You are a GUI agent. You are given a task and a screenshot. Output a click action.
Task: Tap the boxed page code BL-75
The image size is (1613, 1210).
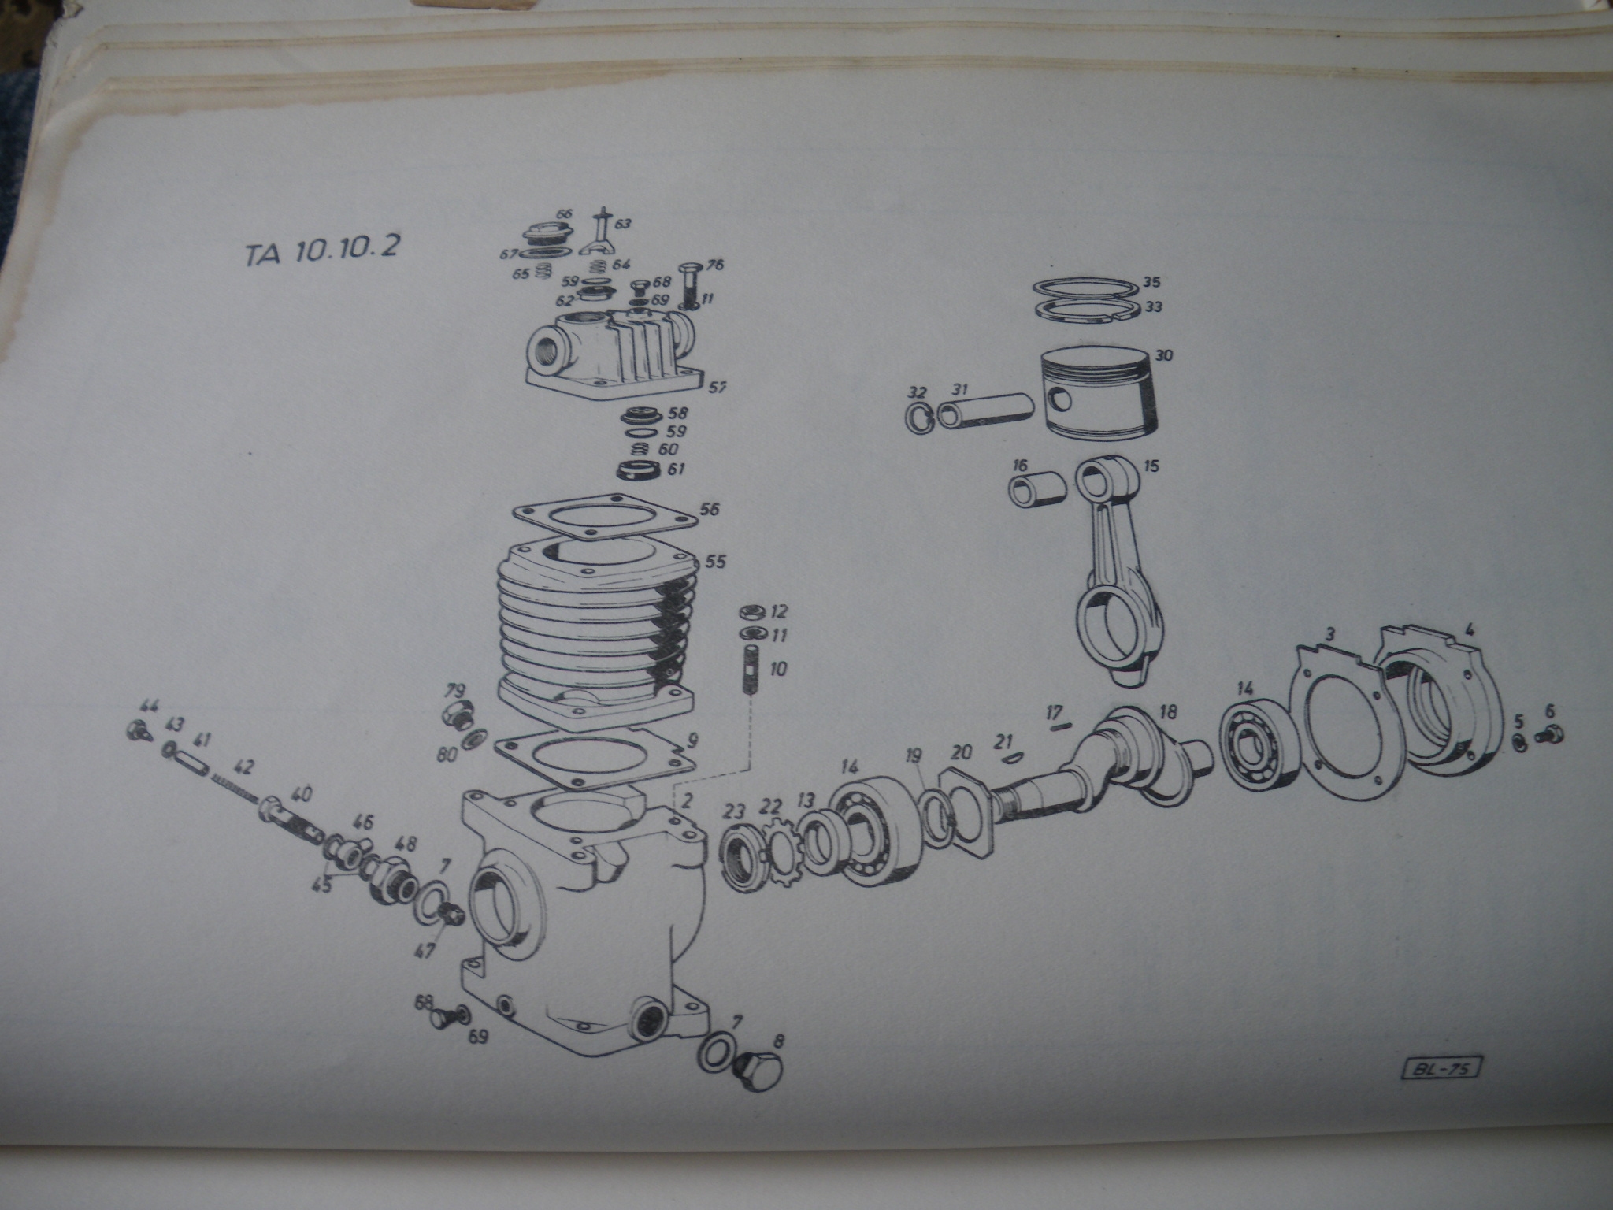coord(1441,1068)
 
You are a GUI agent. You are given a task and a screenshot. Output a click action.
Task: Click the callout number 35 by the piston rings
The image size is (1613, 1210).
coord(1151,282)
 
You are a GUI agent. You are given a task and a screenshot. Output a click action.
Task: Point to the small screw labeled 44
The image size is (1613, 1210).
coord(136,729)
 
